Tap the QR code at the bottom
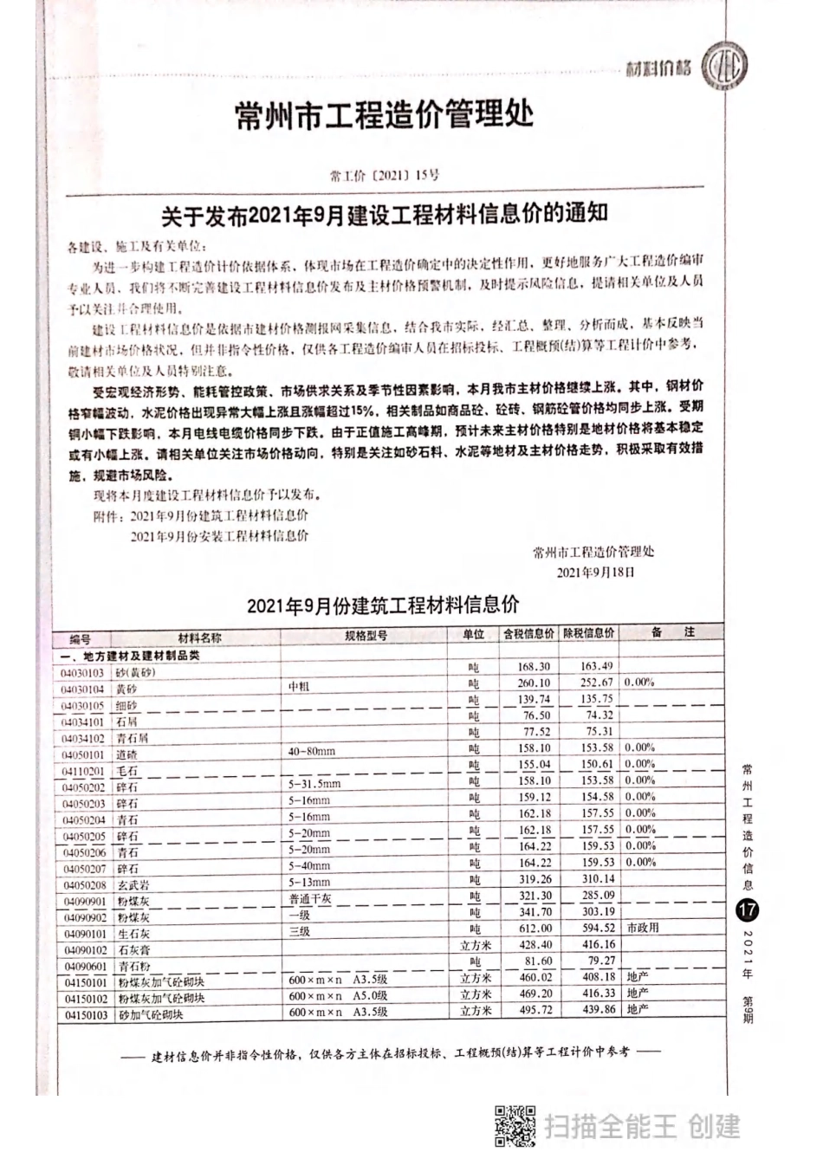tap(515, 1127)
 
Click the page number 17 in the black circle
tap(746, 911)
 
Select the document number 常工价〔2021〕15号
tap(385, 175)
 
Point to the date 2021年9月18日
tap(595, 573)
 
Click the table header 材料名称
tap(199, 637)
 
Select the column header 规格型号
tap(366, 636)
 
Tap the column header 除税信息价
tap(588, 633)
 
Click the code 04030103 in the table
tap(82, 673)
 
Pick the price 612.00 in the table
tap(535, 929)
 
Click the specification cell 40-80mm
tap(311, 751)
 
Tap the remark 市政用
tap(643, 928)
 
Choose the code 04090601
tap(84, 967)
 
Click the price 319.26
tap(535, 879)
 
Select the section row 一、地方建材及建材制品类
tap(135, 656)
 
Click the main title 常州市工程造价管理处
tap(384, 114)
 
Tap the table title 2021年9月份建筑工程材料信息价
tap(382, 605)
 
